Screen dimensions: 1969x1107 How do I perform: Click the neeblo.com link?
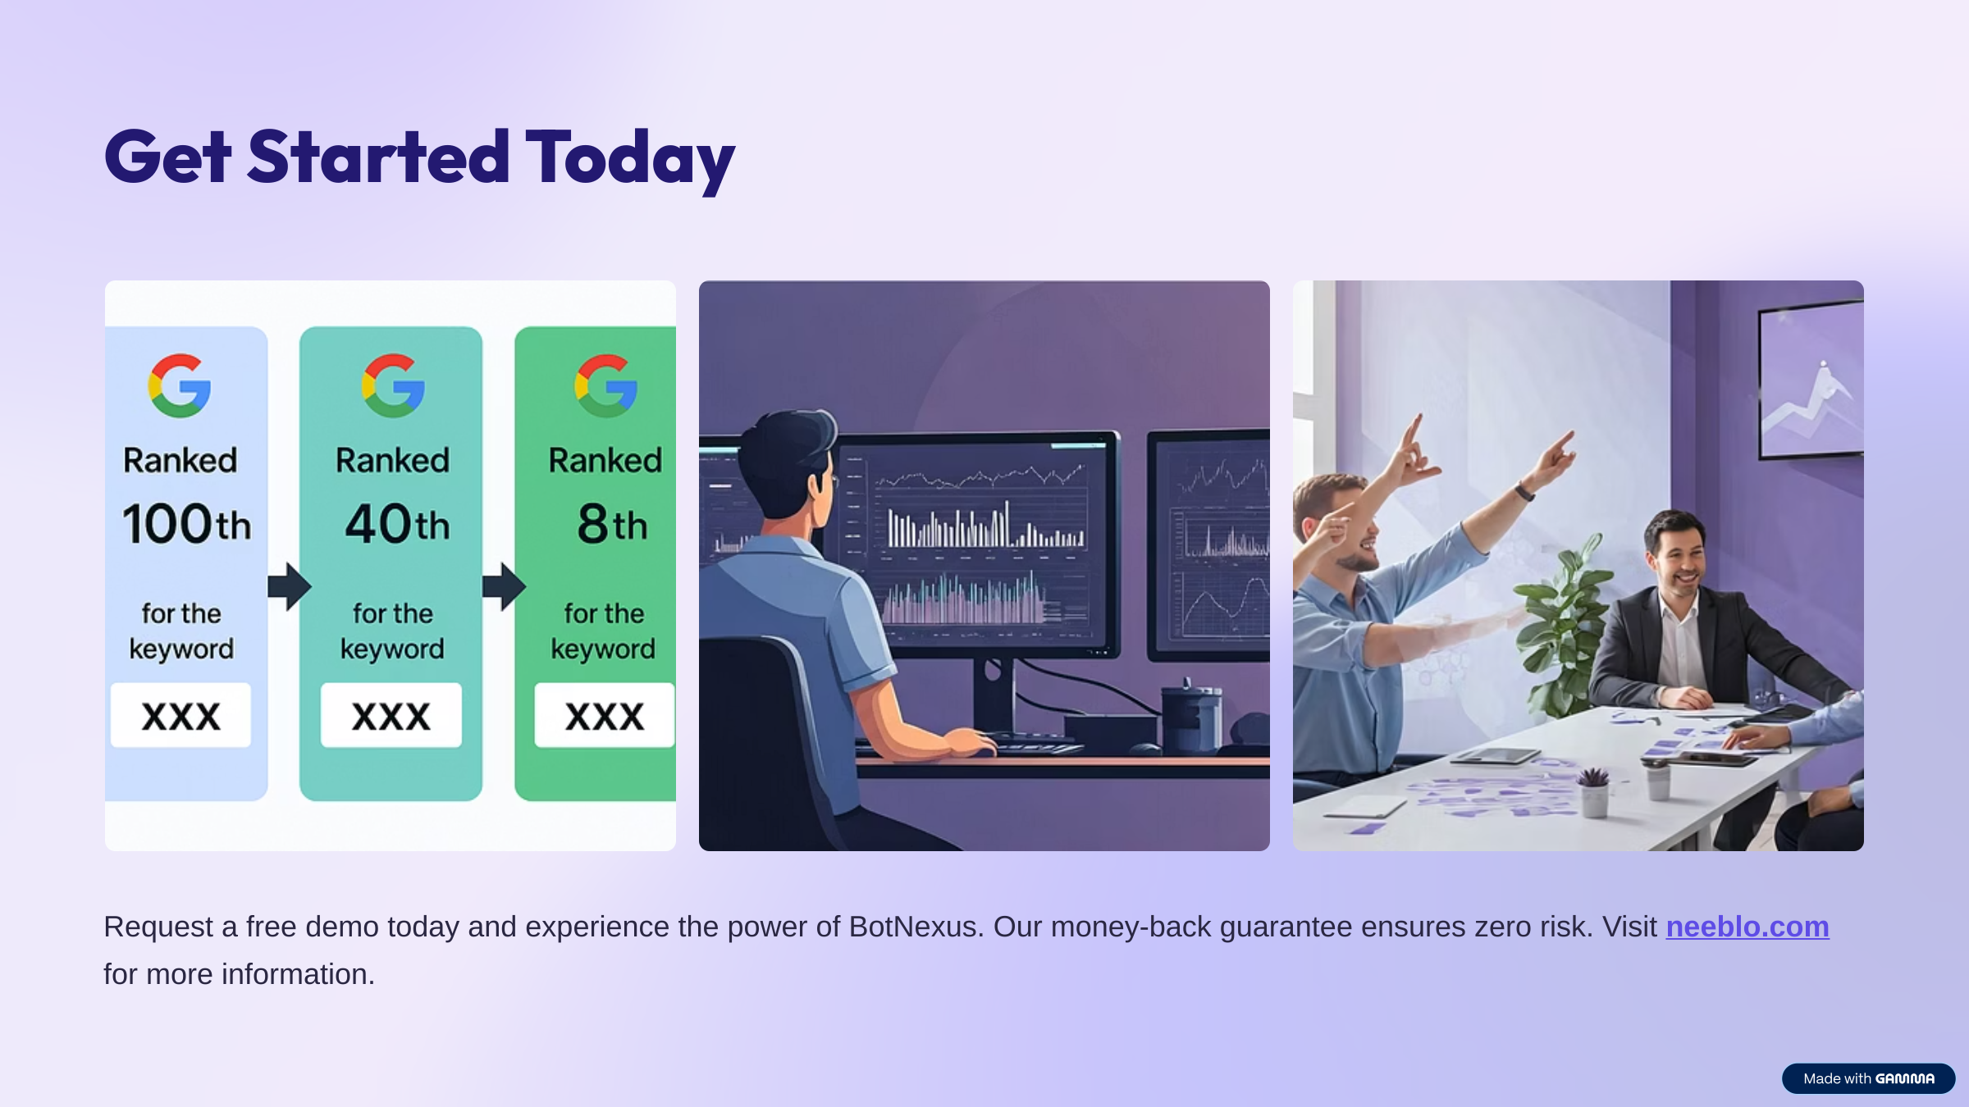click(x=1747, y=927)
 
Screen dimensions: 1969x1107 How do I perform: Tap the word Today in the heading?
click(x=630, y=159)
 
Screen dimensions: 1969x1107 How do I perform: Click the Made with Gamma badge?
click(x=1868, y=1078)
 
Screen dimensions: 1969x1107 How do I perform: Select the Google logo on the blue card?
click(x=180, y=385)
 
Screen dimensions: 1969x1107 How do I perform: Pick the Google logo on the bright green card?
click(x=606, y=385)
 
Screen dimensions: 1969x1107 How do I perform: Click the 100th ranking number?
click(x=187, y=524)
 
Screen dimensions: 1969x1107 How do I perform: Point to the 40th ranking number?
click(x=397, y=524)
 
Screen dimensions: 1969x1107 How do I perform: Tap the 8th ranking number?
click(x=612, y=524)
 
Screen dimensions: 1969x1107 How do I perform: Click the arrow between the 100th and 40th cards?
click(x=290, y=586)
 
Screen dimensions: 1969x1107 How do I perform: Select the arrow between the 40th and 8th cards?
click(x=504, y=586)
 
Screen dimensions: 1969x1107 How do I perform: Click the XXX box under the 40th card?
click(x=391, y=715)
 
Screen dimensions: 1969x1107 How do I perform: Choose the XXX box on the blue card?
click(x=180, y=715)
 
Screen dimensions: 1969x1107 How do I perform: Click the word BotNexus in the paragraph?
click(x=916, y=927)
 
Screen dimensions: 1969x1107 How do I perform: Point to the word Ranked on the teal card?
click(x=393, y=460)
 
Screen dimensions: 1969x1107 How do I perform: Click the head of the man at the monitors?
click(x=788, y=467)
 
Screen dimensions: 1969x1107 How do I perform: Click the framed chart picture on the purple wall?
click(x=1811, y=379)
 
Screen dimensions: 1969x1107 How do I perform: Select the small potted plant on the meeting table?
click(x=1594, y=791)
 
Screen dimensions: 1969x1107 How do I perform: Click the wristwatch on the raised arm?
click(x=1524, y=492)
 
